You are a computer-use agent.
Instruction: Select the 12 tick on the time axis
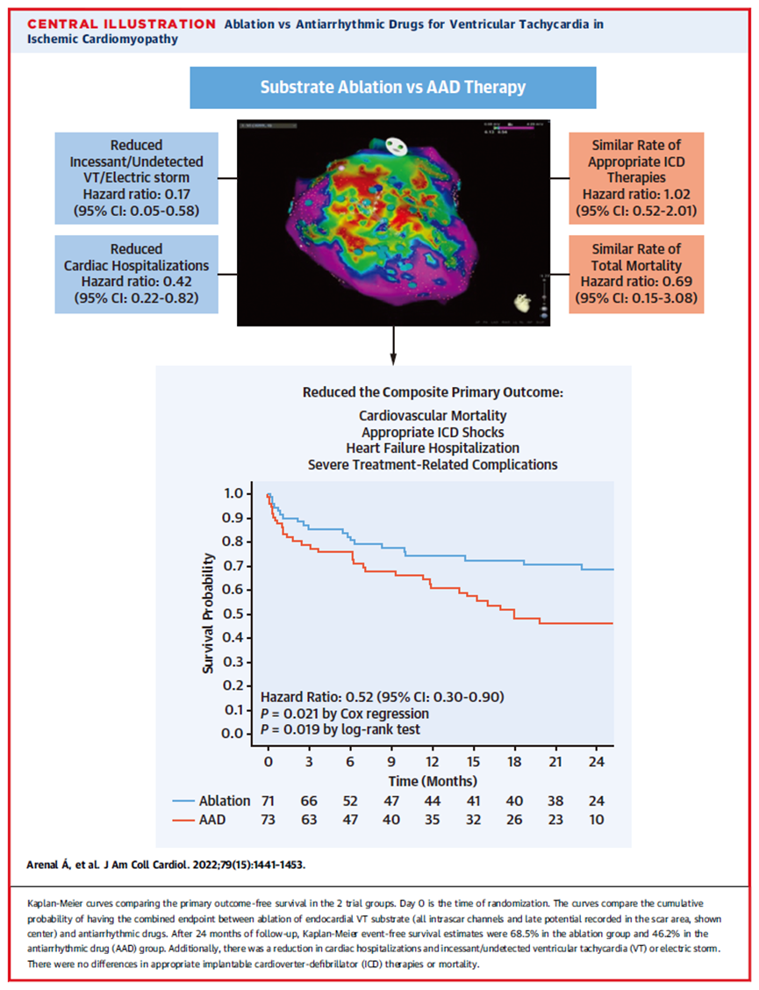433,760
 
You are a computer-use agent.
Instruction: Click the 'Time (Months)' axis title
433,780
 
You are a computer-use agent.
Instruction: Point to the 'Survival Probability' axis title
209,613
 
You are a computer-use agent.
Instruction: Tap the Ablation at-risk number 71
269,800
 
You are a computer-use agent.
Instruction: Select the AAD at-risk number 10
596,820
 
